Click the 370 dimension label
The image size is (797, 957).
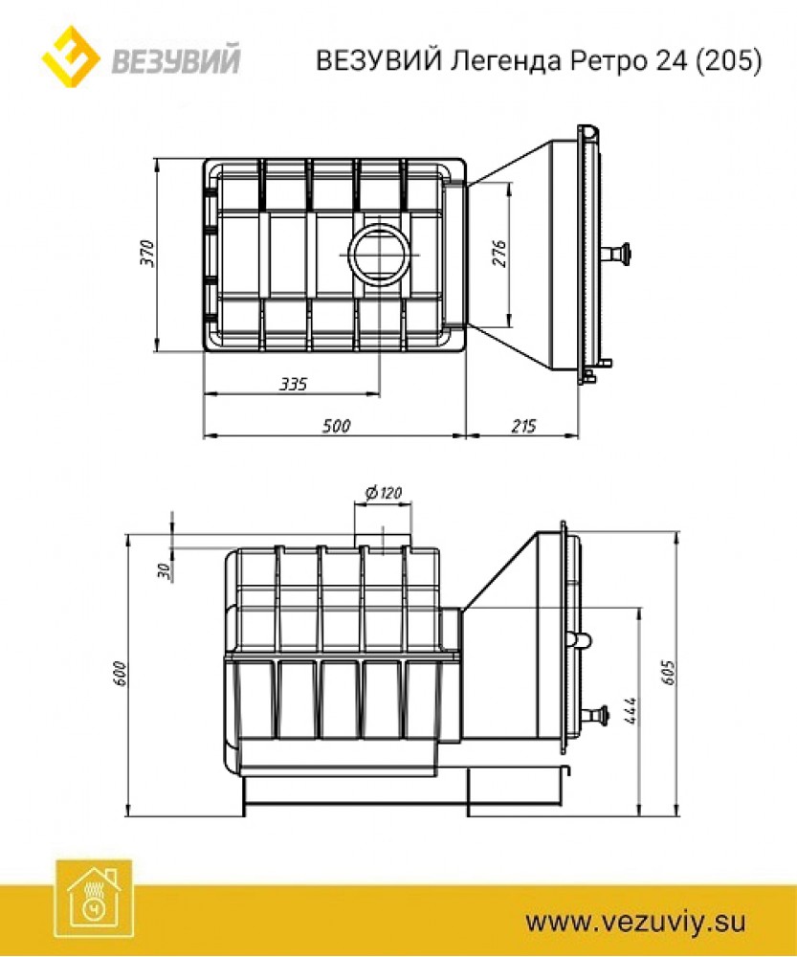(x=147, y=254)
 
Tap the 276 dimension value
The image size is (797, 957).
(x=499, y=254)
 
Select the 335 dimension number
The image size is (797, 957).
(x=294, y=384)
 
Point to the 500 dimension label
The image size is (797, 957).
(x=336, y=426)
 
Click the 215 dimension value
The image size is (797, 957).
(x=523, y=426)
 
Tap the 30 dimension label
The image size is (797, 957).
(x=164, y=570)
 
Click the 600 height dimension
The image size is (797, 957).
(x=119, y=673)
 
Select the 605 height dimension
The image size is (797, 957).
(x=670, y=672)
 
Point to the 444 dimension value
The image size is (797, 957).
(x=631, y=710)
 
